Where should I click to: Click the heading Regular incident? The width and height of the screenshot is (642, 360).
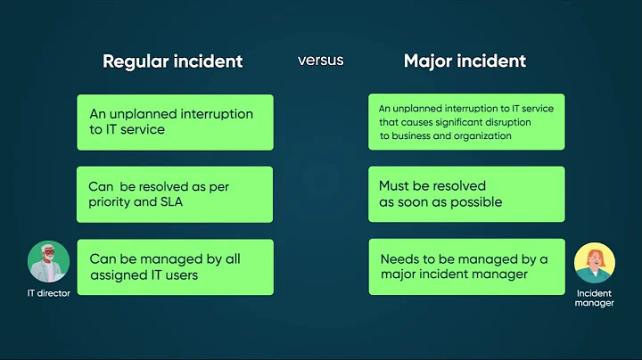pos(172,61)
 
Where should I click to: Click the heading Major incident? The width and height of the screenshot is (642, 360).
pos(465,61)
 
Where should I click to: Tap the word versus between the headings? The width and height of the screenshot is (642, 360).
pos(320,61)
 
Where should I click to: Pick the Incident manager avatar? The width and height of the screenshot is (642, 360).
pos(595,265)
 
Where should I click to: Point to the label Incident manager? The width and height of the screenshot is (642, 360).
pos(595,298)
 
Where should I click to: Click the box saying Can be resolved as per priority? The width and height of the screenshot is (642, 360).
pos(175,194)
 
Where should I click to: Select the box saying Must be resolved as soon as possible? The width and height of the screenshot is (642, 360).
pos(466,194)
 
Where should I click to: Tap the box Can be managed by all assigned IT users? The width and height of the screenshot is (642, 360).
pos(175,266)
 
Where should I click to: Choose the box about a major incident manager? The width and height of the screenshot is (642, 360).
pos(466,266)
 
